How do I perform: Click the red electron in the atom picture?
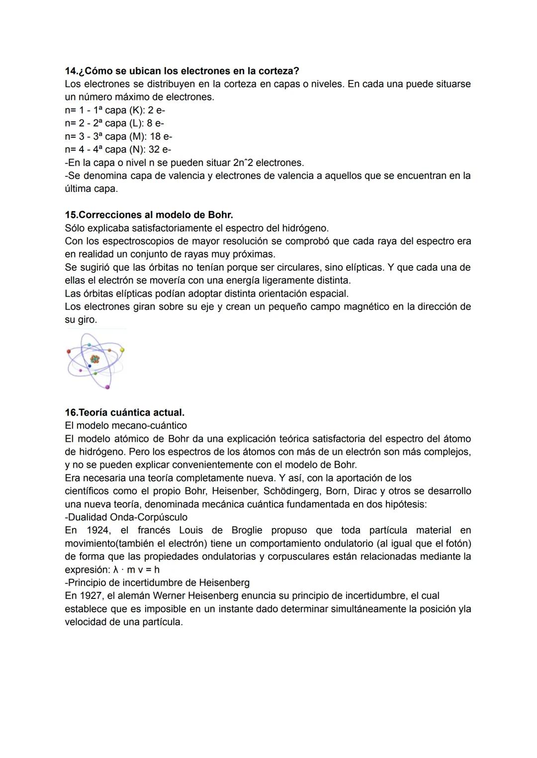tap(69, 351)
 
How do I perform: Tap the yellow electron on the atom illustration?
tap(122, 350)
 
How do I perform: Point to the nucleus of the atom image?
tap(94, 358)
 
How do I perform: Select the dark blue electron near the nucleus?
tap(89, 366)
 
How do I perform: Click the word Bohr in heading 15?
tap(220, 215)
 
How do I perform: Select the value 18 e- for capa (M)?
tap(161, 136)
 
